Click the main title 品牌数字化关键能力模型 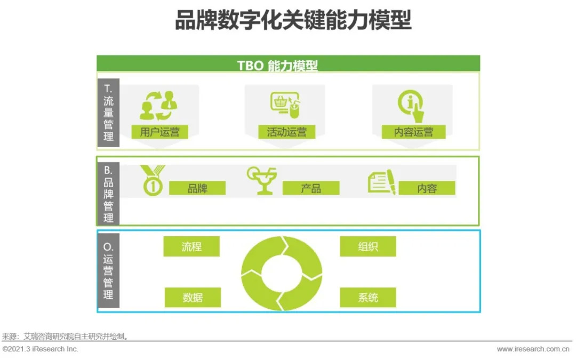(293, 20)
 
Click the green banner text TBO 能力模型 (277, 66)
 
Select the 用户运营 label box (160, 132)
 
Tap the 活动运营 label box (286, 132)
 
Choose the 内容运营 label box (414, 132)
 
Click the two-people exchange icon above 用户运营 (159, 106)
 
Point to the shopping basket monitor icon (285, 105)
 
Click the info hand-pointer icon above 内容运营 (411, 106)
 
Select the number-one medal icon (153, 180)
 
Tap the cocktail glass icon (261, 180)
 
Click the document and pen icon (382, 182)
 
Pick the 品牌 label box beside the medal (197, 188)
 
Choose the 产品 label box (311, 188)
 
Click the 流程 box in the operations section (191, 246)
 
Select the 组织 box (368, 246)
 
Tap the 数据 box (193, 297)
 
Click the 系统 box (368, 297)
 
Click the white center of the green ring (282, 273)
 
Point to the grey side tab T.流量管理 (108, 113)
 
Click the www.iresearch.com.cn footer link (533, 349)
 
